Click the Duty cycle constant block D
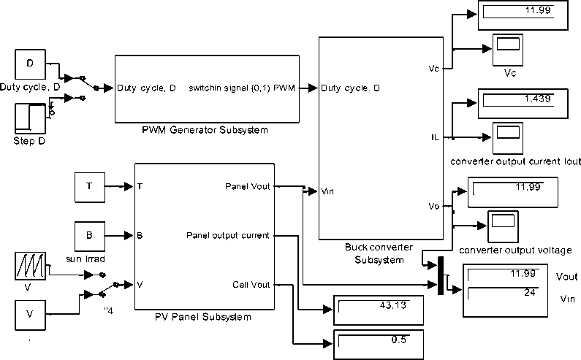pos(30,64)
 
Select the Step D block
pos(30,118)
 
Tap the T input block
pos(90,186)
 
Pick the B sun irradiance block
pos(90,236)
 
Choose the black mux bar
pos(441,277)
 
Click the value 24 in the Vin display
pos(529,293)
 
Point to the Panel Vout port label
pos(248,186)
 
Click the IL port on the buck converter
pos(435,137)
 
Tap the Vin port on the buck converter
pos(328,191)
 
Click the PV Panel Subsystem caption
pos(203,317)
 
